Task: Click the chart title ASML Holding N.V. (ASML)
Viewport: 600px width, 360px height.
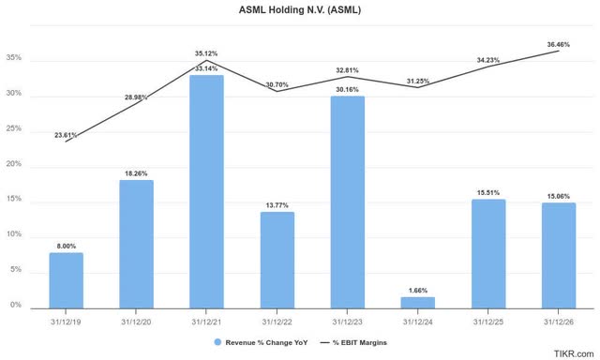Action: pyautogui.click(x=300, y=10)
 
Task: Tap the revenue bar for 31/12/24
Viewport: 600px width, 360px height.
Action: pyautogui.click(x=417, y=302)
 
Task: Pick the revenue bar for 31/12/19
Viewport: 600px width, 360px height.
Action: pyautogui.click(x=66, y=280)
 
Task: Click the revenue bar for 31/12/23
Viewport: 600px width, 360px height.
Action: pyautogui.click(x=347, y=202)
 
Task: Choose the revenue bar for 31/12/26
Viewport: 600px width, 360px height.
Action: pyautogui.click(x=558, y=254)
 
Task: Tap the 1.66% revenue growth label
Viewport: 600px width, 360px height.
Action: pyautogui.click(x=417, y=291)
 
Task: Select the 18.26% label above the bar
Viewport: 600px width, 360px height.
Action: pyautogui.click(x=136, y=173)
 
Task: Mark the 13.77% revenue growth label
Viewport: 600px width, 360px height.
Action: pyautogui.click(x=277, y=204)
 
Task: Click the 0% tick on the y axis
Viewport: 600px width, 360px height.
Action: pyautogui.click(x=17, y=306)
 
